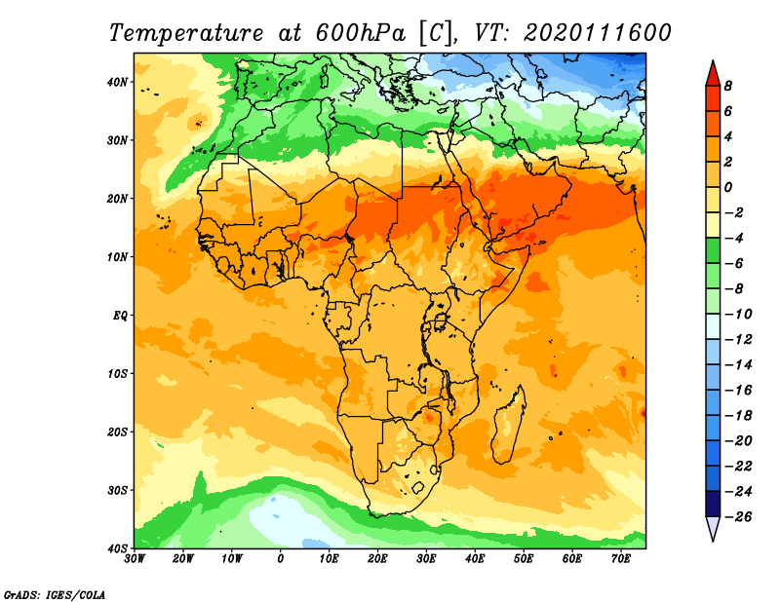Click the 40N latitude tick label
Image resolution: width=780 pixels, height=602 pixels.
click(117, 82)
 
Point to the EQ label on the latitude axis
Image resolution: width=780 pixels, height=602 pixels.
click(119, 316)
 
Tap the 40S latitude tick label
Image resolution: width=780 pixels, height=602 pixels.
click(117, 547)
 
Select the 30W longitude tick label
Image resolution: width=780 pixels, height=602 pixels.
click(136, 559)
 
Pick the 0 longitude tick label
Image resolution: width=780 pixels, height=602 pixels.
click(281, 559)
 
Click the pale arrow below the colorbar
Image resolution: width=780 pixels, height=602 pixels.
click(713, 528)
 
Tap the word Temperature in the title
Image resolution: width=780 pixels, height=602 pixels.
click(184, 32)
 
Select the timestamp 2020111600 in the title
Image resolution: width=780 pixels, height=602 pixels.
click(598, 32)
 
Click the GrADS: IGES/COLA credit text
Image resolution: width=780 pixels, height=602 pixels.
click(55, 593)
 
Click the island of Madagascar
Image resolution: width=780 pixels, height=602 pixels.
click(508, 424)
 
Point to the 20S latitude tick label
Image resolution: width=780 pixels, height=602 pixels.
click(117, 432)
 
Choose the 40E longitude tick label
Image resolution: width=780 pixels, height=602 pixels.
click(475, 559)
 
